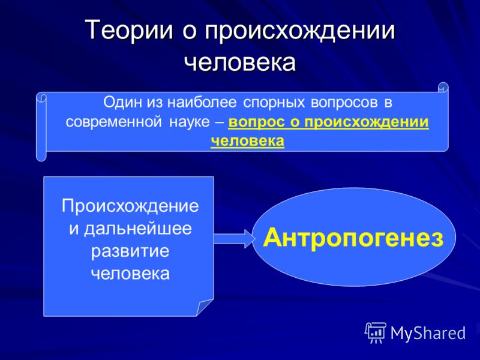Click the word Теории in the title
coord(129,30)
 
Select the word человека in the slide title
coord(241,62)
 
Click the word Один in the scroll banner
coord(123,103)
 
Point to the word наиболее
coord(202,103)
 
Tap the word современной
coord(113,122)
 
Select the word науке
coord(190,122)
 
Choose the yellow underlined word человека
coord(247,141)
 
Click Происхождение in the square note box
coord(130,206)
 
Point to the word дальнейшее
coord(138,229)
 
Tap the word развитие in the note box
coord(130,251)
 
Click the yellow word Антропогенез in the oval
coord(353,238)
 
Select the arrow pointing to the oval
coord(234,238)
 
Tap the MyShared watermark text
coord(428,332)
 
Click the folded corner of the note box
coord(205,307)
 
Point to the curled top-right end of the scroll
coord(443,88)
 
